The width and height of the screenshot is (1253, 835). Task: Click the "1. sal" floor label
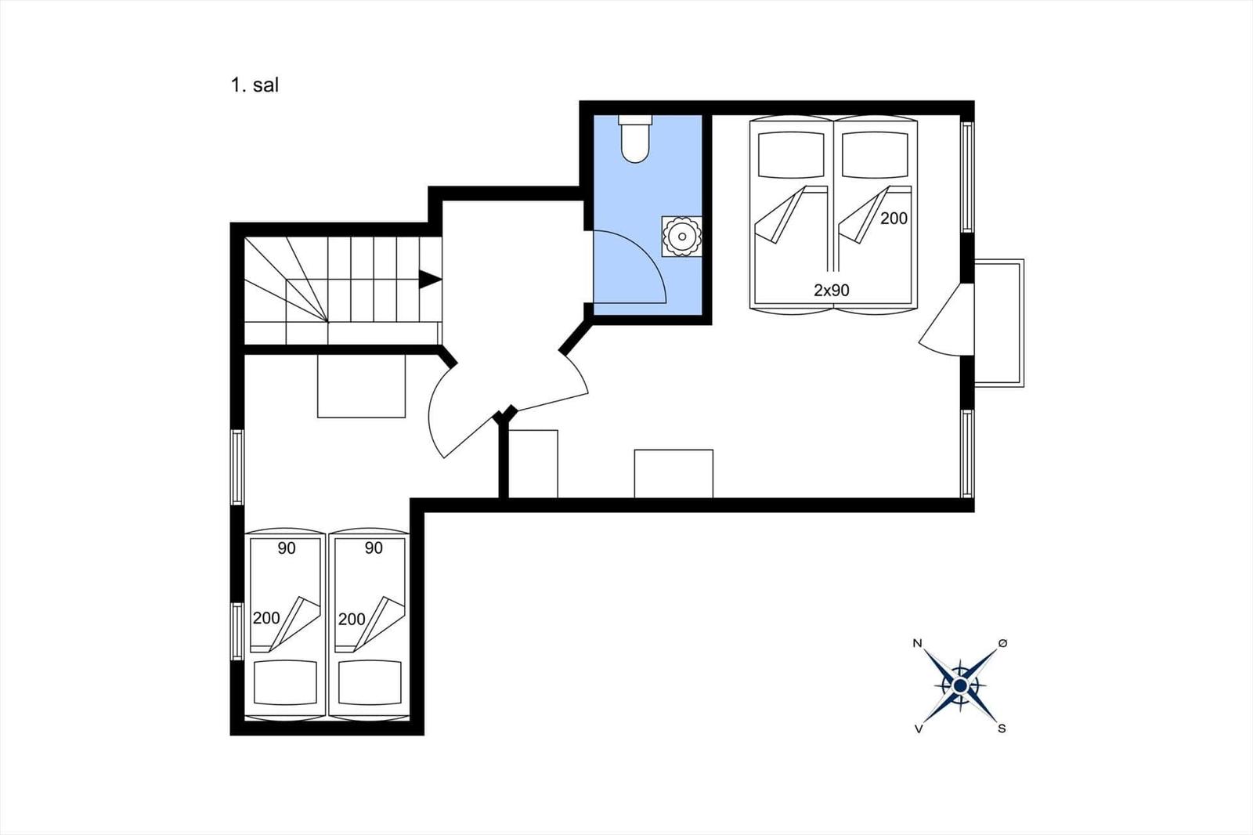pos(255,85)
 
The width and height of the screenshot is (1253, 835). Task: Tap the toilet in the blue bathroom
pos(635,139)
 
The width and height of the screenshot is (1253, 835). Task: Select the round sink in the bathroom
pos(682,237)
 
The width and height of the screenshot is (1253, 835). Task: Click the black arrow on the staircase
pos(430,280)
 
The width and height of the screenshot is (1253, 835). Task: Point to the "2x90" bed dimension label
pos(831,290)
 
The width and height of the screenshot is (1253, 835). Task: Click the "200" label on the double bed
pos(894,219)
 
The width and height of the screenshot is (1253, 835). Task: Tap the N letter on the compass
pos(917,644)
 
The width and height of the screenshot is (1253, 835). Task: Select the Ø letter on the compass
pos(1002,644)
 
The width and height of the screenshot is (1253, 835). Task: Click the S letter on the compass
pos(1002,728)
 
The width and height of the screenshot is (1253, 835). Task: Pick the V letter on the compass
pos(918,728)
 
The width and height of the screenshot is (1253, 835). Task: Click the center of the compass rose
pos(960,685)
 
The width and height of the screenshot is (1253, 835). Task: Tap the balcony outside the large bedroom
pos(999,323)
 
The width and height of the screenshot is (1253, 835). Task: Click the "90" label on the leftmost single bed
pos(287,548)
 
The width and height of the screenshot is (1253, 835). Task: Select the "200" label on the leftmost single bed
pos(266,618)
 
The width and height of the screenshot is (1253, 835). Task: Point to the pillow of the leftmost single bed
pos(285,683)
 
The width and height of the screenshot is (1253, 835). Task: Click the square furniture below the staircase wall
pos(361,386)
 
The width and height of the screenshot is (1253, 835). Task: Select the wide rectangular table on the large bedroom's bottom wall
pos(673,473)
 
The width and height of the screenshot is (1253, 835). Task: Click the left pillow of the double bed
pos(791,154)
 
